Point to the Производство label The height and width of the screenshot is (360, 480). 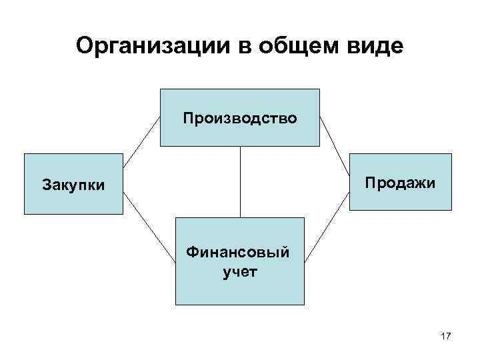click(x=239, y=118)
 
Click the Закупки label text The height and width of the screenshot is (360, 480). click(x=73, y=184)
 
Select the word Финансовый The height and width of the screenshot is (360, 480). click(x=239, y=253)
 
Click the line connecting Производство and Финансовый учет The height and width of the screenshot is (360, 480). click(x=240, y=181)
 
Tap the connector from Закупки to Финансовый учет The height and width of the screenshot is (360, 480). click(x=149, y=231)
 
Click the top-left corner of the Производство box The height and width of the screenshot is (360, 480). click(x=160, y=89)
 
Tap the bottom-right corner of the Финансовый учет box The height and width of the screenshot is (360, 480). click(x=304, y=304)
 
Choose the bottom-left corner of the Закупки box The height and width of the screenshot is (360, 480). click(x=25, y=213)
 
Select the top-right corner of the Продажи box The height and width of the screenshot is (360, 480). click(x=451, y=153)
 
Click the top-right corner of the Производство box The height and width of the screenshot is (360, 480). click(x=320, y=89)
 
